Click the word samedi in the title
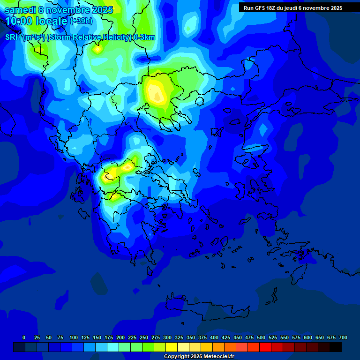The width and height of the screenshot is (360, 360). tap(21, 10)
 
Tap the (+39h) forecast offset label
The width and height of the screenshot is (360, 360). tap(81, 21)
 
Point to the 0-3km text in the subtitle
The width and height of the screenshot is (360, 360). tap(144, 37)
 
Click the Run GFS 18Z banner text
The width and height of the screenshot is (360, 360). tap(261, 8)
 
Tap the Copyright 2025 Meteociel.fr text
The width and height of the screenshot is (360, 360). tap(199, 357)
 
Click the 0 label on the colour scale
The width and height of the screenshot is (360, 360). tap(24, 337)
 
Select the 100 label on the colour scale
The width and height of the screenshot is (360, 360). tap(74, 337)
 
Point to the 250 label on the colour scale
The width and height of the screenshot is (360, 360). tap(144, 337)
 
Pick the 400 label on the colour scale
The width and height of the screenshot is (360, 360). tap(214, 337)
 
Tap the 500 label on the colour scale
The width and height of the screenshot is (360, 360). tap(261, 337)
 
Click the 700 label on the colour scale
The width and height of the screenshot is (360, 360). tap(343, 337)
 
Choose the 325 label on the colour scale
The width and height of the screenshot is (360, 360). tap(179, 337)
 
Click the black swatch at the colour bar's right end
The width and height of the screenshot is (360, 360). tap(336, 347)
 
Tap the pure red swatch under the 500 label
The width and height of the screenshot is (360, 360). tap(265, 347)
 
